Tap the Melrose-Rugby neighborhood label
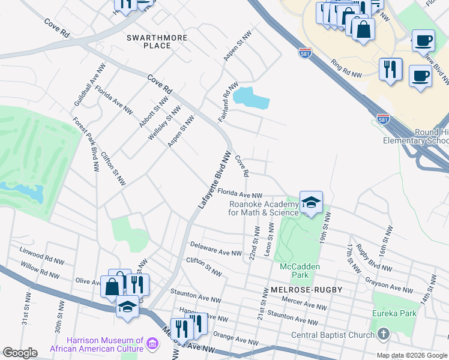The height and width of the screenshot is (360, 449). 302,290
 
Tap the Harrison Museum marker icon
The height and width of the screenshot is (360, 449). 152,344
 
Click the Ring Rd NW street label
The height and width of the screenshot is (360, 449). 347,69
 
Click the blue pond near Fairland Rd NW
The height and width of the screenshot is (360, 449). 251,98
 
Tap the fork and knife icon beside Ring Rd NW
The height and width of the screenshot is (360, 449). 390,68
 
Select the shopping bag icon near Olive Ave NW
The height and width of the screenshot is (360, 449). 112,286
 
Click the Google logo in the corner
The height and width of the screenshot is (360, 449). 20,353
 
